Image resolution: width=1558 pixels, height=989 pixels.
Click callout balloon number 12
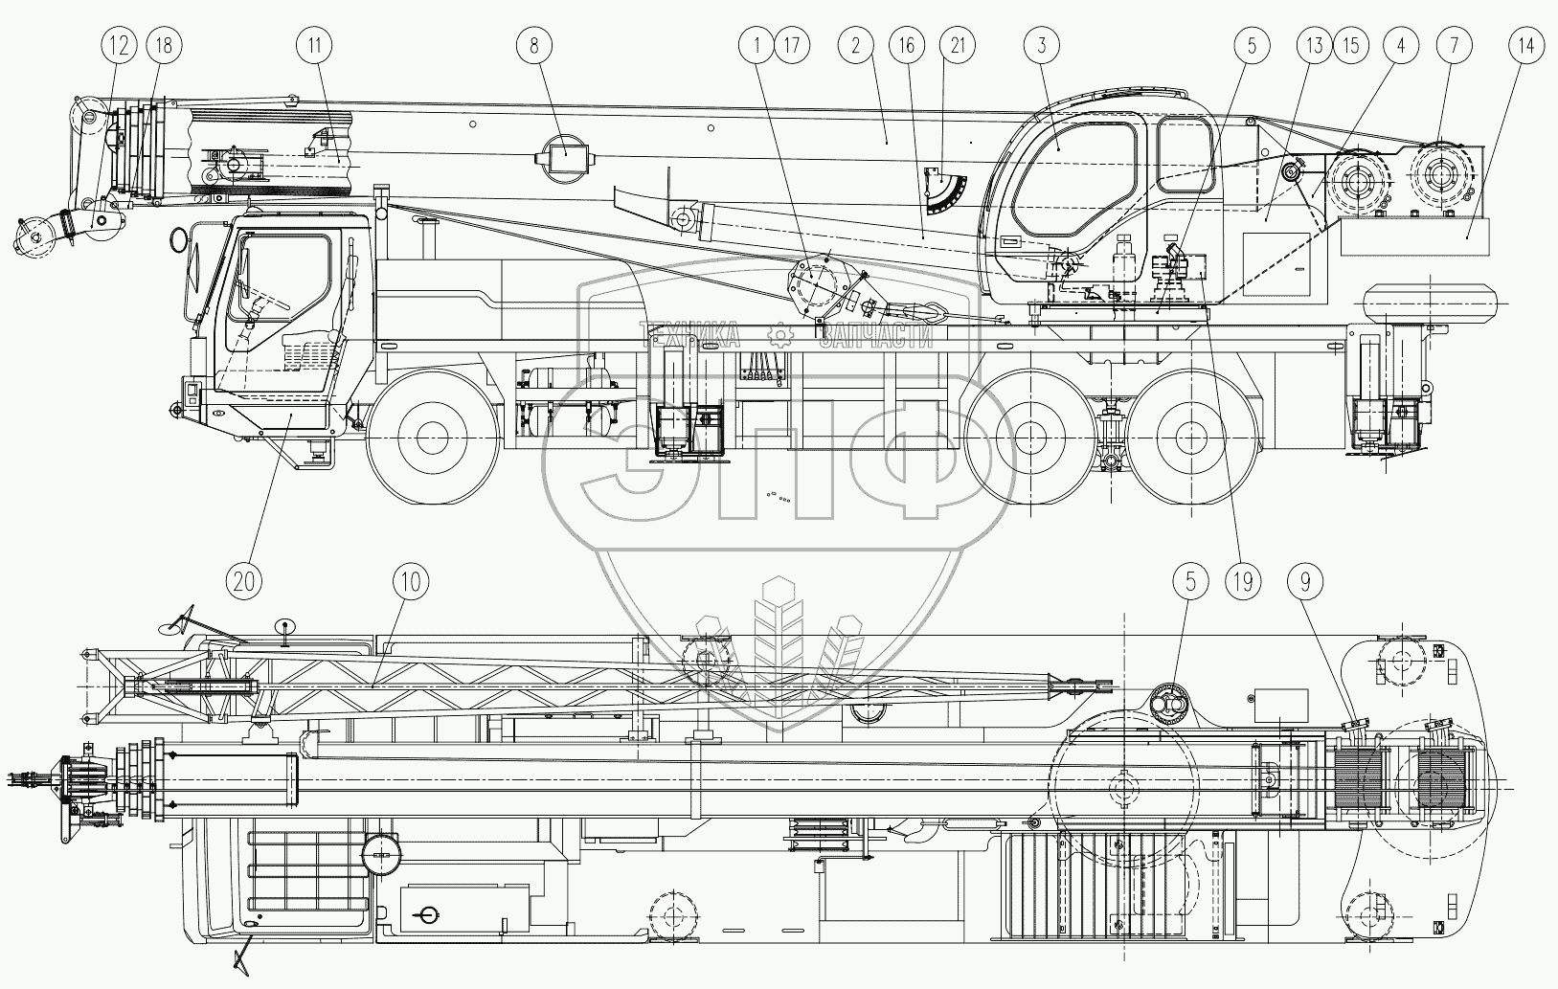tap(120, 44)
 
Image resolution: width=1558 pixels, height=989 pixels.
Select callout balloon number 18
tap(165, 44)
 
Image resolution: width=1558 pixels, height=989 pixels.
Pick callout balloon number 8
tap(534, 44)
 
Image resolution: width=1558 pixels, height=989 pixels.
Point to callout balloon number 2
tap(855, 44)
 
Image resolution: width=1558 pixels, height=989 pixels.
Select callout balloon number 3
tap(1041, 44)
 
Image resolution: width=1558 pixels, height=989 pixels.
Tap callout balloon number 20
tap(245, 580)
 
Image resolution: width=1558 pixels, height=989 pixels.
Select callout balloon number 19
tap(1244, 580)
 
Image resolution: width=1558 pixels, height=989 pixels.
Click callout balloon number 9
tap(1311, 580)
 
